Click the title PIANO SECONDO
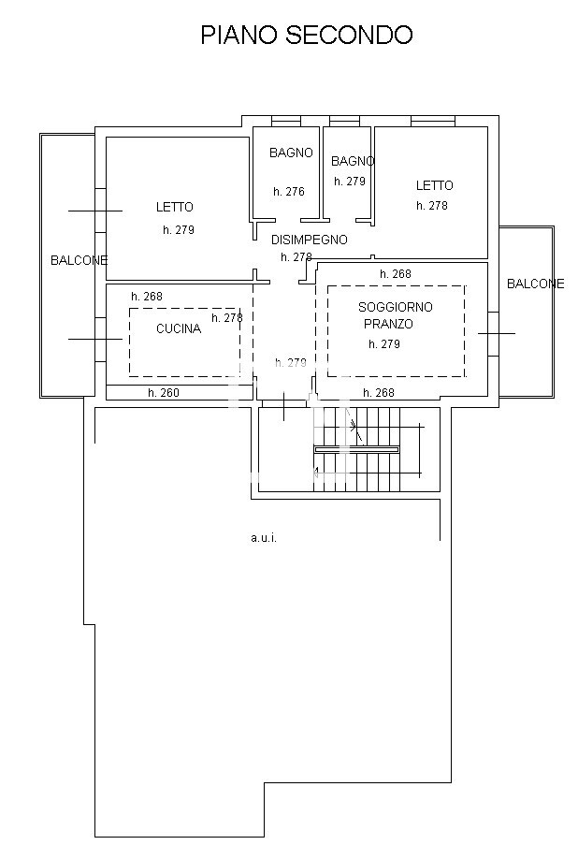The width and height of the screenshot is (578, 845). pos(307,36)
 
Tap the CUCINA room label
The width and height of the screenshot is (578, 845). pos(178,328)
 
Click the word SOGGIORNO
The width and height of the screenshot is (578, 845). pos(395,307)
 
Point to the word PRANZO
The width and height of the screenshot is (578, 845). pos(387,324)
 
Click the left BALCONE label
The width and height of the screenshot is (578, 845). pos(79,260)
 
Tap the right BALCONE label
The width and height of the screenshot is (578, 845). pos(535,284)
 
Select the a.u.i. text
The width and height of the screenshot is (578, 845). pos(264,538)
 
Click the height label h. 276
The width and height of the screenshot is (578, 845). pos(289,192)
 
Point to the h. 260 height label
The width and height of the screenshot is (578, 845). pos(163,393)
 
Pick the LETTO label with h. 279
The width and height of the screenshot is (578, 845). pos(174,207)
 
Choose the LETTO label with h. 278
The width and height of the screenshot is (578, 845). pos(434,185)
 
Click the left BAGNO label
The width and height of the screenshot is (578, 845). pos(291,153)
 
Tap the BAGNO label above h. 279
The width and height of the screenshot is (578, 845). pos(353,161)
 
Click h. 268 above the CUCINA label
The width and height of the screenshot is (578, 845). pos(146,297)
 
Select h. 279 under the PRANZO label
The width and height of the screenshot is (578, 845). pos(383,344)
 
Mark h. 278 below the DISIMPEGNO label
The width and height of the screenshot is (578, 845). pos(296,257)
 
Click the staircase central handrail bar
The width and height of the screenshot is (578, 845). pos(355,449)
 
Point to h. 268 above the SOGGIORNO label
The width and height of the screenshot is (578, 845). pos(395,274)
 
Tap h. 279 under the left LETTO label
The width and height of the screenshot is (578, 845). pos(178,229)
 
